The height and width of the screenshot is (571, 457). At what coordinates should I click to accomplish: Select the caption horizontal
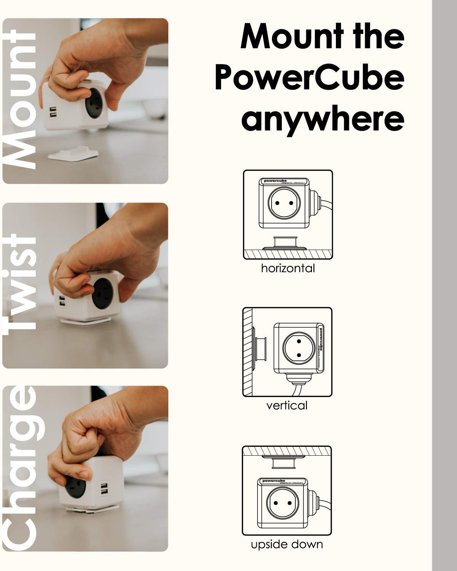coord(288,268)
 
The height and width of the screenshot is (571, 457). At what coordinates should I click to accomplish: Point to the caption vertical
coord(287,405)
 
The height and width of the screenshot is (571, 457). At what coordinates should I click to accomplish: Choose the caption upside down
coord(287,544)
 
